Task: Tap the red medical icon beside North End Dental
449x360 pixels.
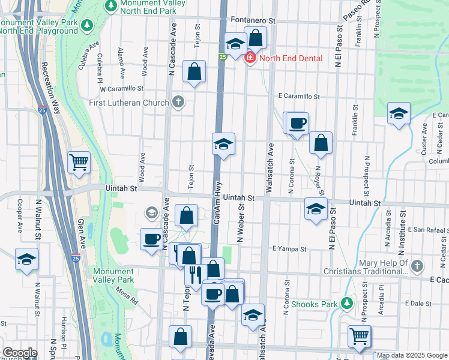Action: (250, 58)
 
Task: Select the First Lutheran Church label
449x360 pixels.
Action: (129, 103)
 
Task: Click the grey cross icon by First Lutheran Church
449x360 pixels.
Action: (178, 101)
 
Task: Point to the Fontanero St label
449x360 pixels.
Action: (252, 20)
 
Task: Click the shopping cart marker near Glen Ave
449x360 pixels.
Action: (79, 161)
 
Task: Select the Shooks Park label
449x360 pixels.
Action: (314, 304)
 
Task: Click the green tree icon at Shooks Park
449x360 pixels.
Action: (346, 304)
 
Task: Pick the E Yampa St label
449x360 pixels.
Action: (289, 248)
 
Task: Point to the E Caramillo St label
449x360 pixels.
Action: (299, 96)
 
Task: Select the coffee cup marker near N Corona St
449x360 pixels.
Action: (297, 124)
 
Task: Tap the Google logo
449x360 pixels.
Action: (20, 353)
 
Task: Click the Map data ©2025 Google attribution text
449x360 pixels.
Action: (412, 355)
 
